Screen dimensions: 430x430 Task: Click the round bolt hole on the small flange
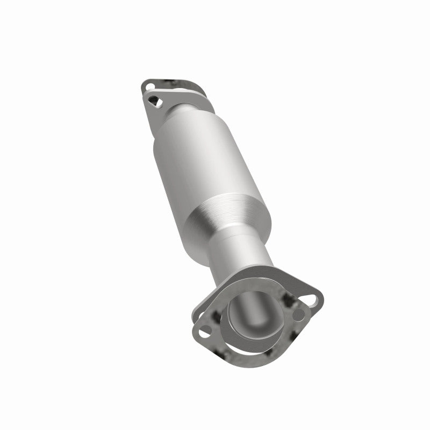[149, 84]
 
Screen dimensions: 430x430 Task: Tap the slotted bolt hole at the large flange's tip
[311, 295]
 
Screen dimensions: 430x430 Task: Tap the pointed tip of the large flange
[321, 293]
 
